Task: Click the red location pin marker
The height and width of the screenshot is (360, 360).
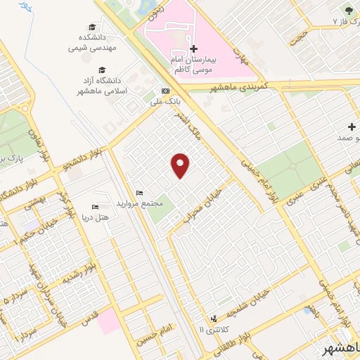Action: (x=181, y=165)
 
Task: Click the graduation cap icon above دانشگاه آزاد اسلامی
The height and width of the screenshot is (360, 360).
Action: (x=103, y=70)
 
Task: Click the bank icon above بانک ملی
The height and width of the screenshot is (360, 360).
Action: (x=165, y=91)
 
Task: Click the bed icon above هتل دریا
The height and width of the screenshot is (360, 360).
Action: (x=95, y=207)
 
